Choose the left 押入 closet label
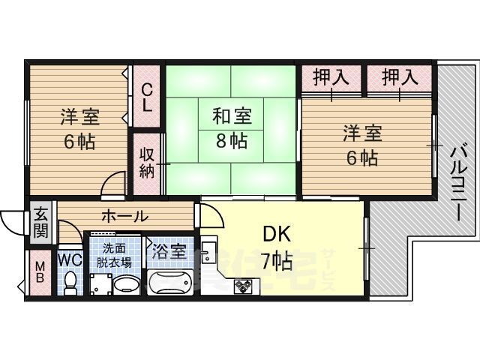(331, 76)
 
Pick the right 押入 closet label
(400, 76)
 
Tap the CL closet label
(148, 96)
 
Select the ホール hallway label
(124, 216)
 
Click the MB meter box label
(40, 272)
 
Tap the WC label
(70, 259)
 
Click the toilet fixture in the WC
(70, 282)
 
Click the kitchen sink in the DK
(209, 249)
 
